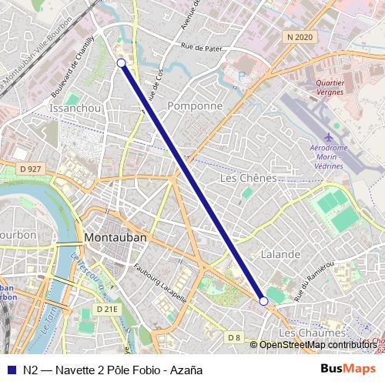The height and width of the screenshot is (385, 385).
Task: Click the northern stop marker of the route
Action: [x=121, y=63]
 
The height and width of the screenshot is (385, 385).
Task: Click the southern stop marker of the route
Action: [x=264, y=301]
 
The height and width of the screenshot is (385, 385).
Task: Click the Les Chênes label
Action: [x=248, y=178]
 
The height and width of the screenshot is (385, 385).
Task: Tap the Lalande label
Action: [x=280, y=254]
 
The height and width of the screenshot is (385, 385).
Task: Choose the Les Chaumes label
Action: [x=313, y=332]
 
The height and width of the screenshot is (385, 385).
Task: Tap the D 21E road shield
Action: [x=107, y=309]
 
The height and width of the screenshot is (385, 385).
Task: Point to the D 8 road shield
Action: [x=235, y=337]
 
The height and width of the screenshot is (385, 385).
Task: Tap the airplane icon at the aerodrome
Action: [x=330, y=137]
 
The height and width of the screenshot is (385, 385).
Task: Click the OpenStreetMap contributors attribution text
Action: [x=318, y=345]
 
